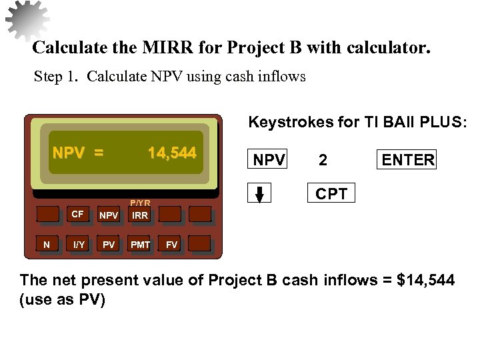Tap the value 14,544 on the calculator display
[172, 153]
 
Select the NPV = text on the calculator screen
[78, 153]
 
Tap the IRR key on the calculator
[140, 215]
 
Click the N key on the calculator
[47, 245]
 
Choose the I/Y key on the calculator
[79, 245]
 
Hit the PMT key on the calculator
[140, 245]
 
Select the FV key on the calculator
[172, 245]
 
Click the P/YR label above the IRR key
[140, 203]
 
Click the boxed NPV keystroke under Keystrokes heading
[269, 160]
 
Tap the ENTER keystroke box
[408, 160]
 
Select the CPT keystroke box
[331, 194]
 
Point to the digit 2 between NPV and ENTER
[323, 160]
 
